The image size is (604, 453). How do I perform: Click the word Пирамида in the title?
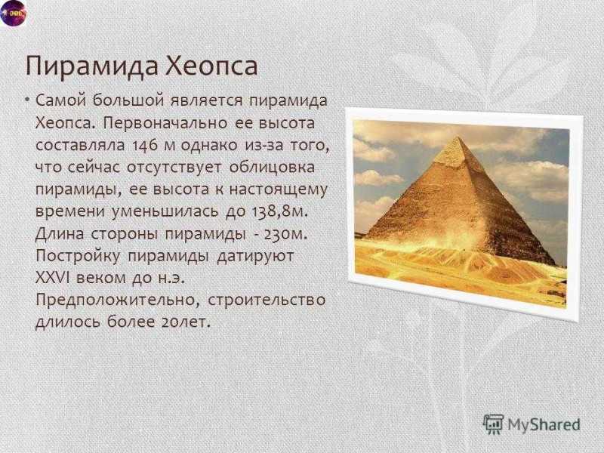coord(92,66)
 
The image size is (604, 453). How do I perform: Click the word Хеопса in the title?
coord(212,66)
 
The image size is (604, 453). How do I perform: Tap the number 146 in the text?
coord(146,146)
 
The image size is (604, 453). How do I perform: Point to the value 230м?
coord(285,234)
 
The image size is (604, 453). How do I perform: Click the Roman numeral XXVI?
coord(52,278)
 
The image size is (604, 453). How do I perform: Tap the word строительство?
coord(267,300)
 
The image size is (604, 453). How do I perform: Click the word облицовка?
coord(272,168)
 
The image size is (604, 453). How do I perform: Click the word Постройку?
coord(78,257)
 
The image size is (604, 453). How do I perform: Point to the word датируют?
coord(255,257)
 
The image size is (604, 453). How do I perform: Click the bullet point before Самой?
coord(27,100)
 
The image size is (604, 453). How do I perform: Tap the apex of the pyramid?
coord(458,137)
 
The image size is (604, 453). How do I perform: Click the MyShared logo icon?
coord(494,424)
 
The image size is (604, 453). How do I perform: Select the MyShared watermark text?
coord(544,424)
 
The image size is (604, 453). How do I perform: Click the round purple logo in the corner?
coord(13,14)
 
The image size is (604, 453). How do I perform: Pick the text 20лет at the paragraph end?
coord(186,322)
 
